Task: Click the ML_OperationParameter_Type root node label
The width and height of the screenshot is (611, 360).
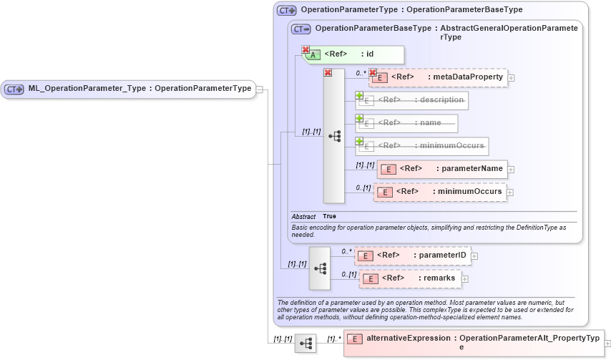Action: (140, 89)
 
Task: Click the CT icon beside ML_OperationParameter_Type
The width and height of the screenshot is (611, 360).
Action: (14, 89)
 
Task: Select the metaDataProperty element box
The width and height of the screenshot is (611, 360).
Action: (438, 77)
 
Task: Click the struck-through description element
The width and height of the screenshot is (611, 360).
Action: (412, 100)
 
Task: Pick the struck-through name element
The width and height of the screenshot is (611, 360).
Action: (406, 123)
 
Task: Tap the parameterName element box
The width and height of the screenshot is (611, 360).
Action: (442, 169)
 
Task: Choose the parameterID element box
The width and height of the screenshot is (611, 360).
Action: (413, 255)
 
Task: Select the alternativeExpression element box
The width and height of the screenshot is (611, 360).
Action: (474, 343)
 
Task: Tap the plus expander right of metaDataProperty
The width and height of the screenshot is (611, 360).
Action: (512, 78)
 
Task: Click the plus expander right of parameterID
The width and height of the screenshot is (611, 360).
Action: (474, 256)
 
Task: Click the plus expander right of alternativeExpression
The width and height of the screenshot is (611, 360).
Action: (607, 344)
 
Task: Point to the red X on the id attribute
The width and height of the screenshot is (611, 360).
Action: (305, 50)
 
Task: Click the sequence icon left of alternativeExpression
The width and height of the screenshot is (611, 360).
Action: (305, 344)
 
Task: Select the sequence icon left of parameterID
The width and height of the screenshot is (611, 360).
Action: (320, 268)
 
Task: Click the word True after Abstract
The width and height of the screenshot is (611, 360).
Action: (329, 216)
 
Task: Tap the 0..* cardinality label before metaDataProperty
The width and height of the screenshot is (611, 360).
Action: (361, 72)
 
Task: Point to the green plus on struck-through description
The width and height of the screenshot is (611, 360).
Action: (360, 95)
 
